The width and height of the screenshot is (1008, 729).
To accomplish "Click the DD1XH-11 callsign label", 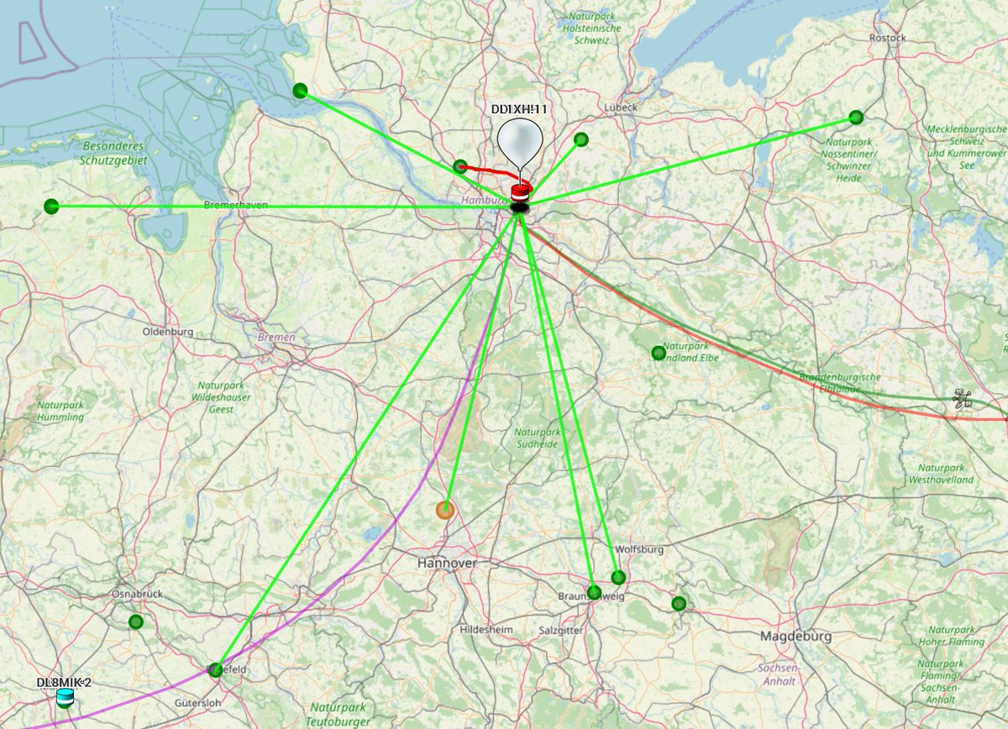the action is pos(519,110).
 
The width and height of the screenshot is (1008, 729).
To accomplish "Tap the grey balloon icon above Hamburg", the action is pos(520,143).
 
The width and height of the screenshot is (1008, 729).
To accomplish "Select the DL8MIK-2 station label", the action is pos(64,682).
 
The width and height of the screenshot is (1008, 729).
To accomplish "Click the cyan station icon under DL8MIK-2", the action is pos(64,698).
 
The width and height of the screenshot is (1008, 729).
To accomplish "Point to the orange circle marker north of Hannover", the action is pos(445,509).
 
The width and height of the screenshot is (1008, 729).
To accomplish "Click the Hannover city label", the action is pos(447,563).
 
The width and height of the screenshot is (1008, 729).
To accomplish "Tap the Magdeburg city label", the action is pos(795,637).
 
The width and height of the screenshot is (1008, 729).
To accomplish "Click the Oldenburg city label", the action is pos(168,332).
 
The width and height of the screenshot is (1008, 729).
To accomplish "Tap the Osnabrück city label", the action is pos(137,594).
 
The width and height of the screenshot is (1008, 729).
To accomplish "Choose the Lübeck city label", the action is pos(621,108).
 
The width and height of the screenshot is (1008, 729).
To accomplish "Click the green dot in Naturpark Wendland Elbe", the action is pos(659,354).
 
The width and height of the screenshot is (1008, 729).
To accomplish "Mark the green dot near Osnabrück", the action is pos(136,622).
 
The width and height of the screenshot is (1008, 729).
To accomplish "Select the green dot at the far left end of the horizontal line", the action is pos(51,206).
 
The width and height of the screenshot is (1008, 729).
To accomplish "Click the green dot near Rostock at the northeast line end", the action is pos(856,117).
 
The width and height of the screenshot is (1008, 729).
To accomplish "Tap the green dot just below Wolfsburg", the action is pos(618,577).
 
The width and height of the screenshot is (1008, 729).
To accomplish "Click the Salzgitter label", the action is pos(560,630).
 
